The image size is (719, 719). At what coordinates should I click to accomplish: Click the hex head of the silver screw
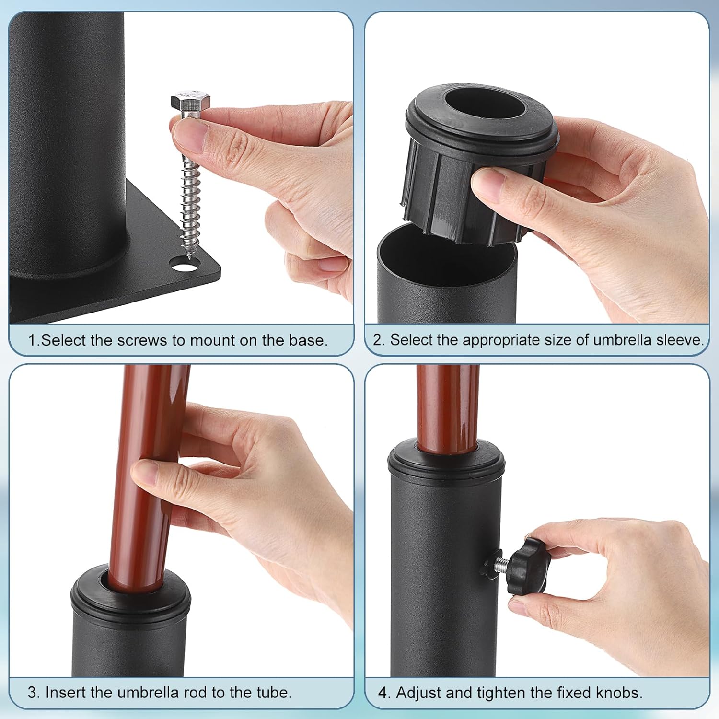pyautogui.click(x=191, y=102)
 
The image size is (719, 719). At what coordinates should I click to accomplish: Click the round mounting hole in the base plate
pyautogui.click(x=182, y=263)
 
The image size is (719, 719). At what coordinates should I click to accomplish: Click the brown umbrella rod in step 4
pyautogui.click(x=447, y=407)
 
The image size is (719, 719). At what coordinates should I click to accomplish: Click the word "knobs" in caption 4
pyautogui.click(x=618, y=693)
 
